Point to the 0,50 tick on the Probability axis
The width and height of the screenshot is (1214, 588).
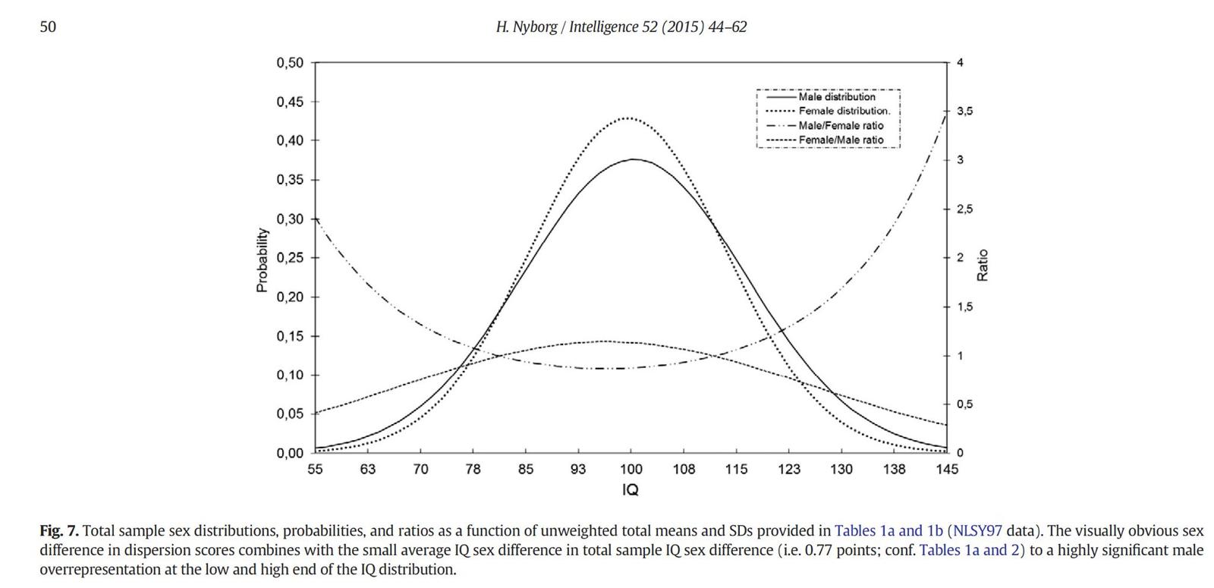[x=290, y=63]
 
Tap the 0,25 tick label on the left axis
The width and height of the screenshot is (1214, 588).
[x=290, y=258]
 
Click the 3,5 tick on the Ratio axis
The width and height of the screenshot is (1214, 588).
[x=964, y=112]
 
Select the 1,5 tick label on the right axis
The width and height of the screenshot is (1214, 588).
[x=964, y=307]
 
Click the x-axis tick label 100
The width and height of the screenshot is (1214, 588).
[x=631, y=470]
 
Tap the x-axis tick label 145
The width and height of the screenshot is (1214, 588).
[x=947, y=470]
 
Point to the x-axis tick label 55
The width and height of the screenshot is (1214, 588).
[x=315, y=470]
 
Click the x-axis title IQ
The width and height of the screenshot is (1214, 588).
[x=631, y=490]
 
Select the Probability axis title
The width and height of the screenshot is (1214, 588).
[x=262, y=259]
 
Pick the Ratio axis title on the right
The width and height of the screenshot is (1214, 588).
[x=983, y=265]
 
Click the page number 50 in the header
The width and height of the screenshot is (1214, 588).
[x=48, y=27]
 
